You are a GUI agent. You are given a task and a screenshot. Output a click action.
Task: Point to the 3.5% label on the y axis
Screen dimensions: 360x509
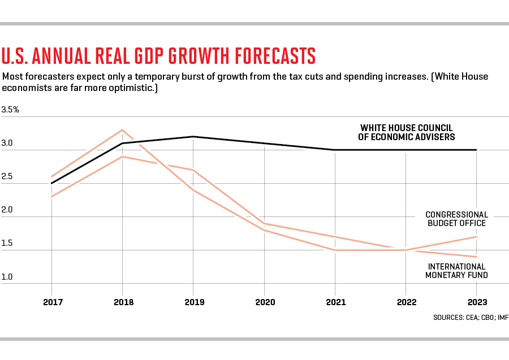[10, 110]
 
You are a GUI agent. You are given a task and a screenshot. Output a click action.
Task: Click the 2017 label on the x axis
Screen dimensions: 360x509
[52, 302]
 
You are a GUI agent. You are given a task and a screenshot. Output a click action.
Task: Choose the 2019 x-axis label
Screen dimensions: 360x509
[194, 302]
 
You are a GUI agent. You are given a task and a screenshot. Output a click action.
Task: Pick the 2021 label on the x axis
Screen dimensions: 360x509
[335, 302]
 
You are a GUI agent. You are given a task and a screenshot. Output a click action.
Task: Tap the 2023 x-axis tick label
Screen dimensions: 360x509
[477, 302]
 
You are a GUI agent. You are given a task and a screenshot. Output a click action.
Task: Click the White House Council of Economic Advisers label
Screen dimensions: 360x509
[407, 132]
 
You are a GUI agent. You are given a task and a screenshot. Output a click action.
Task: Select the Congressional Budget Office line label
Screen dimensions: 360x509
[456, 219]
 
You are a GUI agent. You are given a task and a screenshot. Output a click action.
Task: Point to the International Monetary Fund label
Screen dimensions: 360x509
[457, 271]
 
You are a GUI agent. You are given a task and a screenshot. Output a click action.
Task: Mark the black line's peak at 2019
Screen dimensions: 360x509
[194, 136]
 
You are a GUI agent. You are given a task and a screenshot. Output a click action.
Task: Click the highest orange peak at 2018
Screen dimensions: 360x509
[123, 130]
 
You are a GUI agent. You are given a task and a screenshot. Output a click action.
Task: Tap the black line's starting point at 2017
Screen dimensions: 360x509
[52, 183]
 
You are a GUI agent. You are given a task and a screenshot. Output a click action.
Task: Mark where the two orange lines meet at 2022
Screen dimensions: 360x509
[406, 250]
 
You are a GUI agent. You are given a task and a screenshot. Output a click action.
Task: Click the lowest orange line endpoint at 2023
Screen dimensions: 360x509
[477, 257]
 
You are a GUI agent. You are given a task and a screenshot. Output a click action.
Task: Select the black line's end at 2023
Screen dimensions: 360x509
[477, 150]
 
